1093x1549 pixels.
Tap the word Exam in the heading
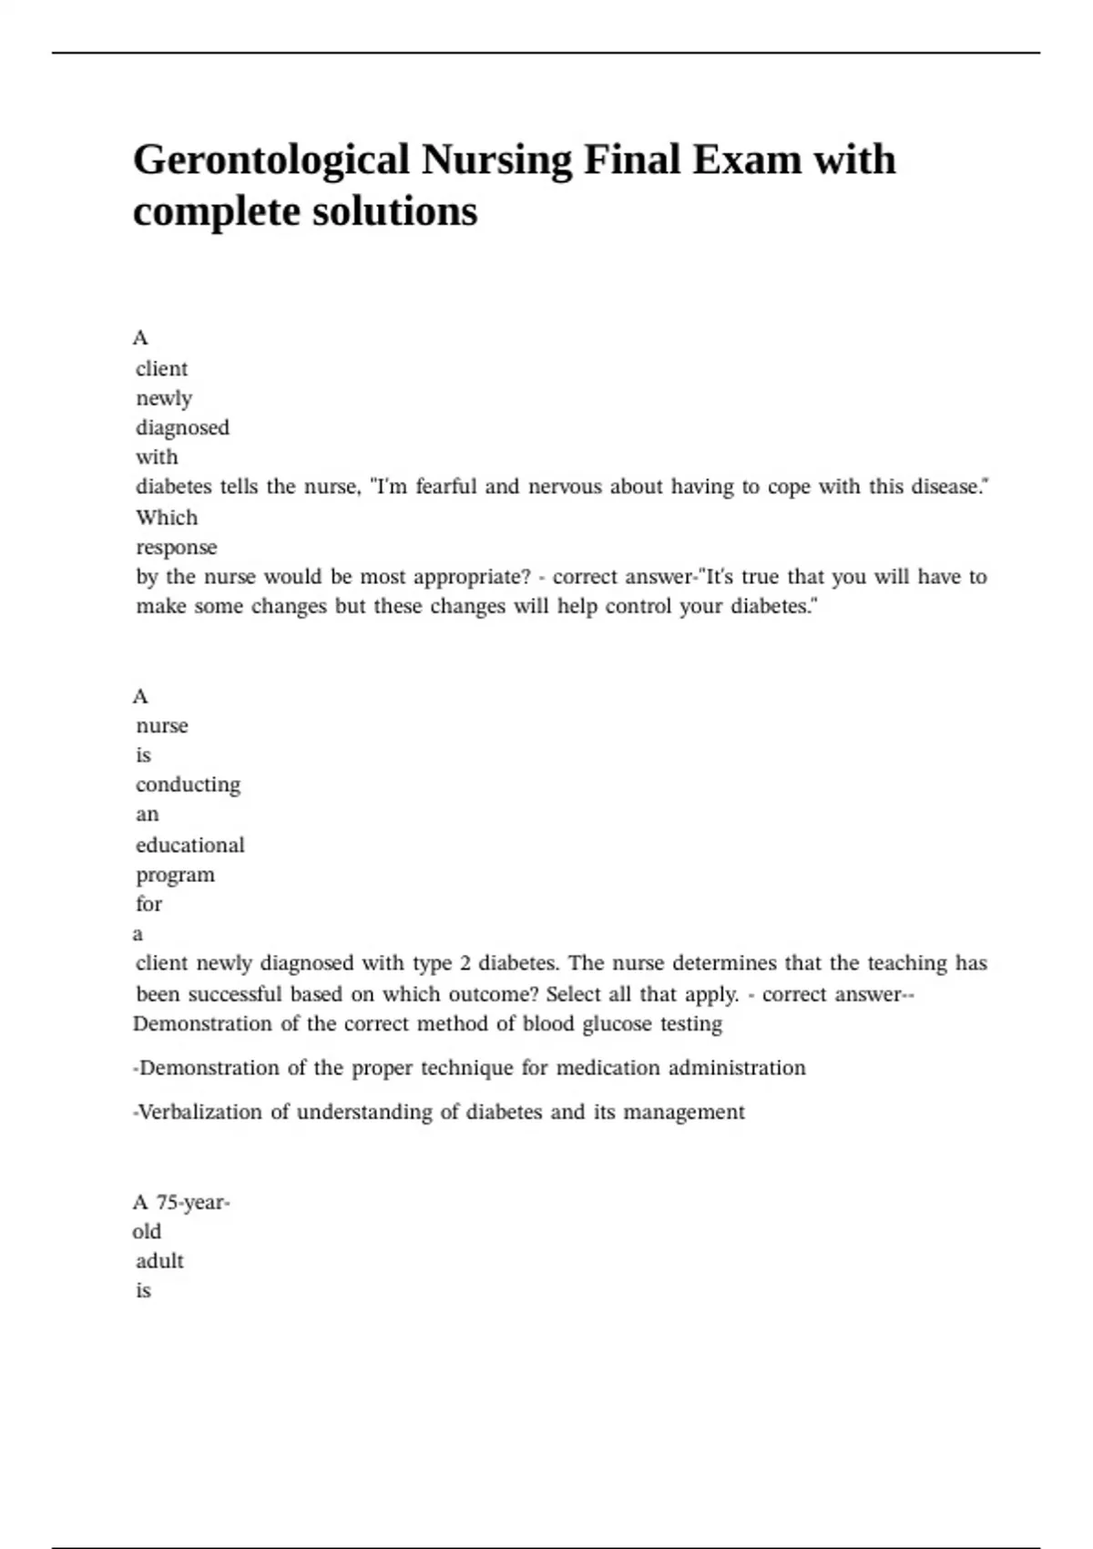[747, 160]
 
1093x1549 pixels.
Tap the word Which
[167, 518]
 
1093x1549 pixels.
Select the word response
[177, 548]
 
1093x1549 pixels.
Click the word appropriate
[472, 577]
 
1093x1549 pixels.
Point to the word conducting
[189, 785]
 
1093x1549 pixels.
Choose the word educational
[190, 845]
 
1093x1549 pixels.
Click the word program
[176, 875]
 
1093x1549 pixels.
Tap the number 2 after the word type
[465, 963]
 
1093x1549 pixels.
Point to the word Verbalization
[199, 1112]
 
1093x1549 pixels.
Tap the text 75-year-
[193, 1203]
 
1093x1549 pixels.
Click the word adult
[159, 1261]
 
